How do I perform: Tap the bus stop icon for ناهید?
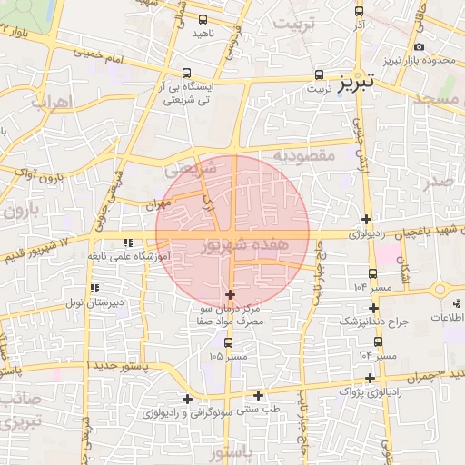pos(200,18)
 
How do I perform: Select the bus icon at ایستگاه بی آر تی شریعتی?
pos(187,73)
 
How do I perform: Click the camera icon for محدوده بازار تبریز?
pos(419,46)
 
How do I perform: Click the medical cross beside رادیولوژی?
pos(366,219)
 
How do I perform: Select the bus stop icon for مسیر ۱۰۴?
pos(373,272)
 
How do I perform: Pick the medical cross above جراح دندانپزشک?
pos(373,308)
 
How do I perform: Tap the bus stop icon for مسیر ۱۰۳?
pos(378,341)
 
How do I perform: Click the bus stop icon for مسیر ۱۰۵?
pos(228,342)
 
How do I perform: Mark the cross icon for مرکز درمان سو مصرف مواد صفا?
pos(230,294)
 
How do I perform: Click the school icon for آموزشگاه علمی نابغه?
pos(128,242)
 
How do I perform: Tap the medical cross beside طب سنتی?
pos(259,395)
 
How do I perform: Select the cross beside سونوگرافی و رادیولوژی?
pos(188,399)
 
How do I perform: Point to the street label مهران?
pos(156,205)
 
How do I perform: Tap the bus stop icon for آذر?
pos(359,11)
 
